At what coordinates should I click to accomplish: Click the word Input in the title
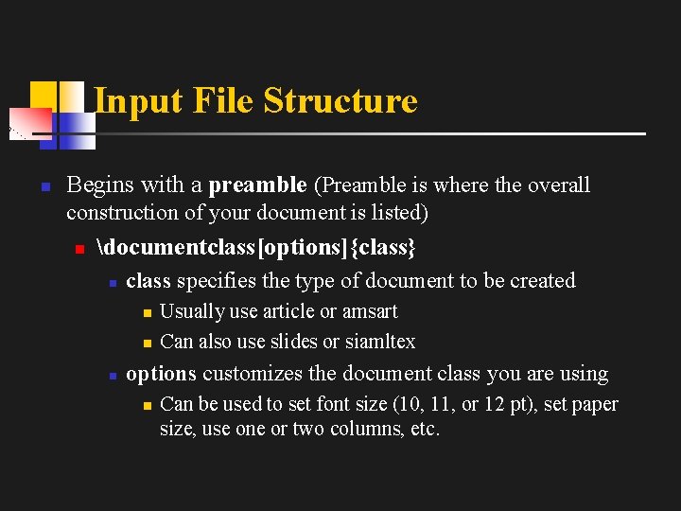pos(129,100)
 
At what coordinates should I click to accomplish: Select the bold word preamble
pos(257,185)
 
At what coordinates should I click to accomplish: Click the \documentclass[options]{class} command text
pos(256,248)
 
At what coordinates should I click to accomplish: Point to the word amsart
pos(370,311)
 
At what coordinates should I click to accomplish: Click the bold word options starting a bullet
pos(161,374)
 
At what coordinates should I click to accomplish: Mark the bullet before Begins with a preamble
pos(44,186)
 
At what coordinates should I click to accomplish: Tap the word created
pos(542,281)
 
